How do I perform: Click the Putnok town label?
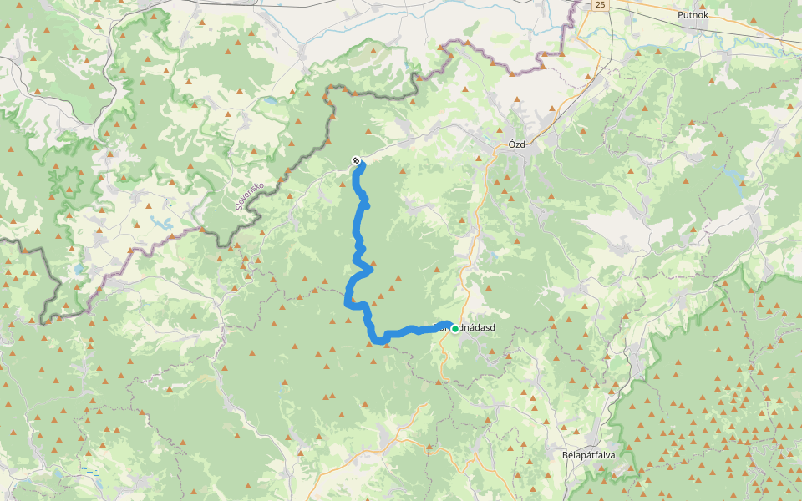point(693,15)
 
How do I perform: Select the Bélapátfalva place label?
point(596,455)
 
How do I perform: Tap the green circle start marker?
point(454,329)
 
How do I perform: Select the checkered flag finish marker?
point(357,160)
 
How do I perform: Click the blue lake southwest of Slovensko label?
point(160,223)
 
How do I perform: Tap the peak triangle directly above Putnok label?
point(693,3)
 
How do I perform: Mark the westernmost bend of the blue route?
point(347,301)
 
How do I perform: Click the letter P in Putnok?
point(680,15)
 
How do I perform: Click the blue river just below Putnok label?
point(693,28)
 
